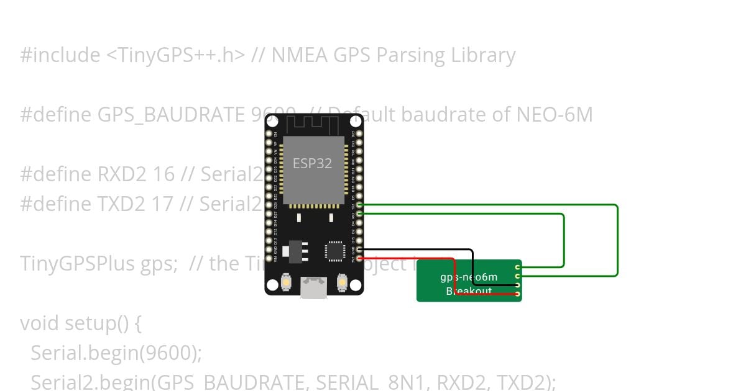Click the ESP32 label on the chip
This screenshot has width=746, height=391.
point(313,164)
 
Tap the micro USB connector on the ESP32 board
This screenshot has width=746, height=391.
point(313,287)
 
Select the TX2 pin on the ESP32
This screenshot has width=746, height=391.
point(360,205)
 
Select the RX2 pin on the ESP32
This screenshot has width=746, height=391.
point(360,213)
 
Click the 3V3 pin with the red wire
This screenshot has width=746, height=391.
point(360,258)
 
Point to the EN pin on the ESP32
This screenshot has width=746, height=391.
point(269,133)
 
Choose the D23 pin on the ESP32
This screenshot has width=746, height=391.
point(360,133)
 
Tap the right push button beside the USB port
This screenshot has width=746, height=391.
point(341,282)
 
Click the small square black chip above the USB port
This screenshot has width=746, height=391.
point(334,251)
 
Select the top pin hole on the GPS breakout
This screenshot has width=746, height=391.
point(518,267)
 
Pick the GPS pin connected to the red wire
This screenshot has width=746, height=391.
point(518,294)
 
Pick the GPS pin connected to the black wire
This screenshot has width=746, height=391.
point(518,285)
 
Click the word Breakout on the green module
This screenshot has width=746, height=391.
point(469,292)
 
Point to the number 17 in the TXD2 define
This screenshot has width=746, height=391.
point(162,204)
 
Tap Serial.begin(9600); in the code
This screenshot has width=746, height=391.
point(116,353)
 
